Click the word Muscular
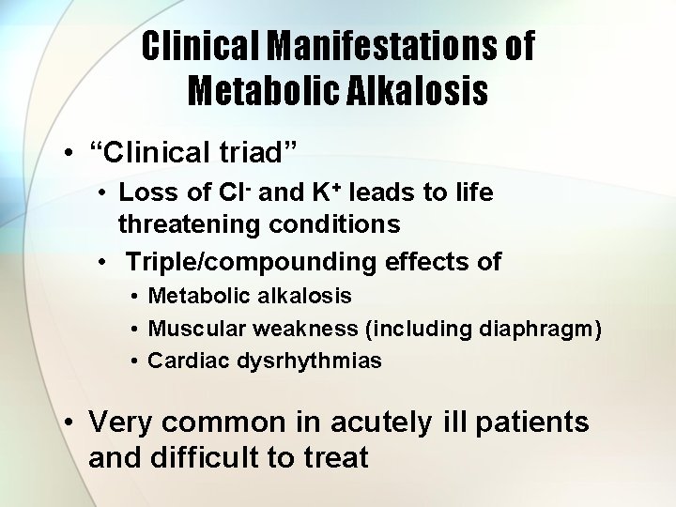coord(192,329)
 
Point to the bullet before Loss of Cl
coord(106,193)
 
